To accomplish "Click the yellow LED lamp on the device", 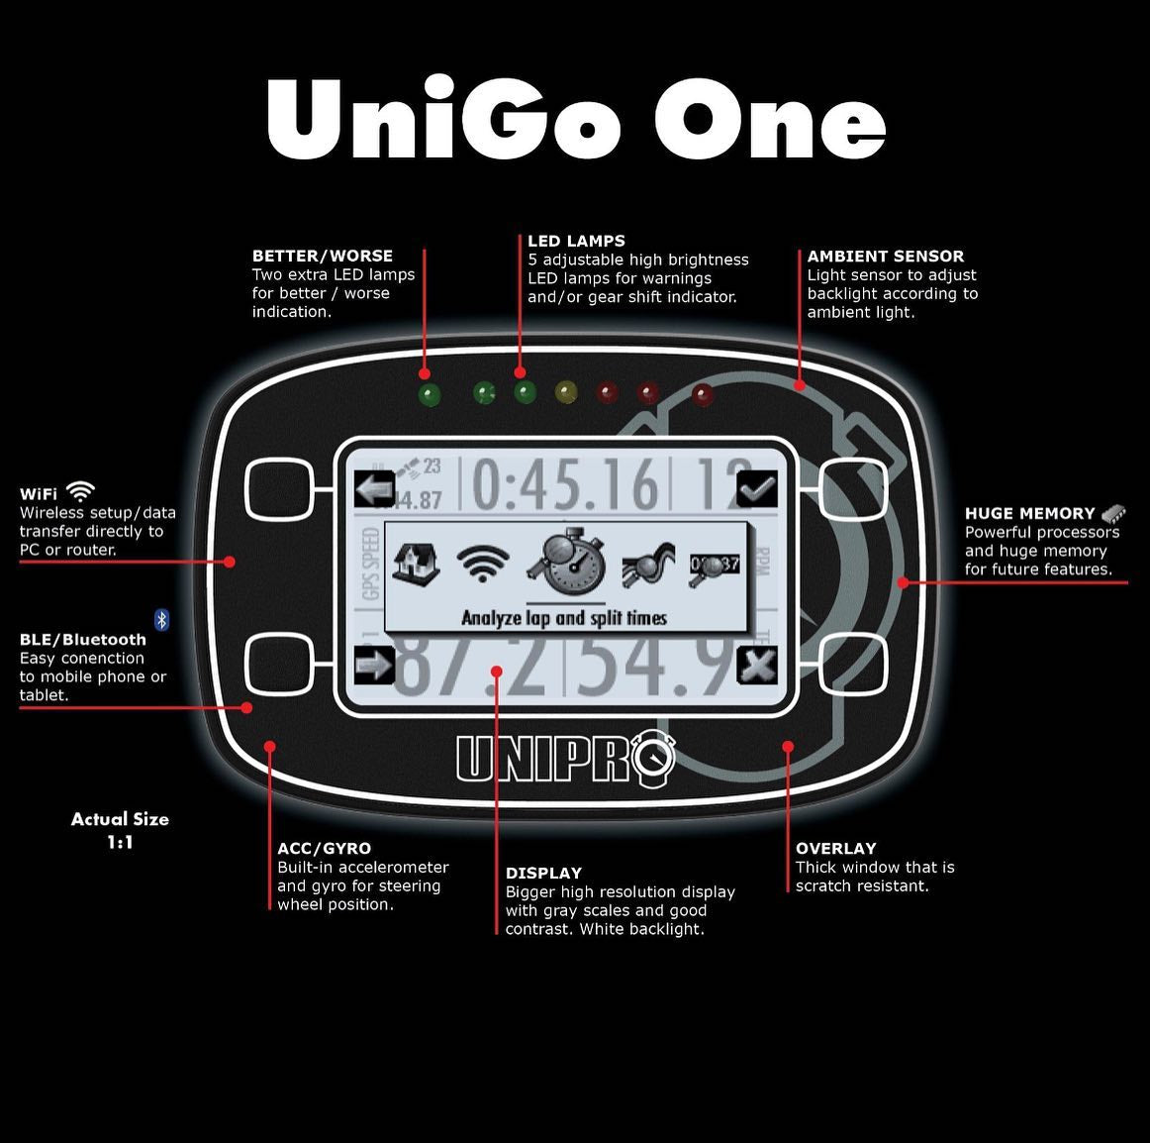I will point(566,392).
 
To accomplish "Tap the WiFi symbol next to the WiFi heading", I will point(80,492).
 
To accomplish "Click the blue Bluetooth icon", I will point(162,620).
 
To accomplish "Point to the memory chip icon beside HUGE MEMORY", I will point(1113,513).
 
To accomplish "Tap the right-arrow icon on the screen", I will point(374,664).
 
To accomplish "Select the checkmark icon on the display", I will point(757,488).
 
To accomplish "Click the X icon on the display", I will point(757,665).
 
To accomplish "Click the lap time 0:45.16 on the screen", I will point(564,485).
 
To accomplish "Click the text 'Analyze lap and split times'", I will point(564,618).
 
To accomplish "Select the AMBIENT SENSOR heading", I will point(885,256).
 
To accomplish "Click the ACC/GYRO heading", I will point(324,848).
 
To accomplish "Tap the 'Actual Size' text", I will point(120,819).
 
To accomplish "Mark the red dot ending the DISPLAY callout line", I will point(497,672).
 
